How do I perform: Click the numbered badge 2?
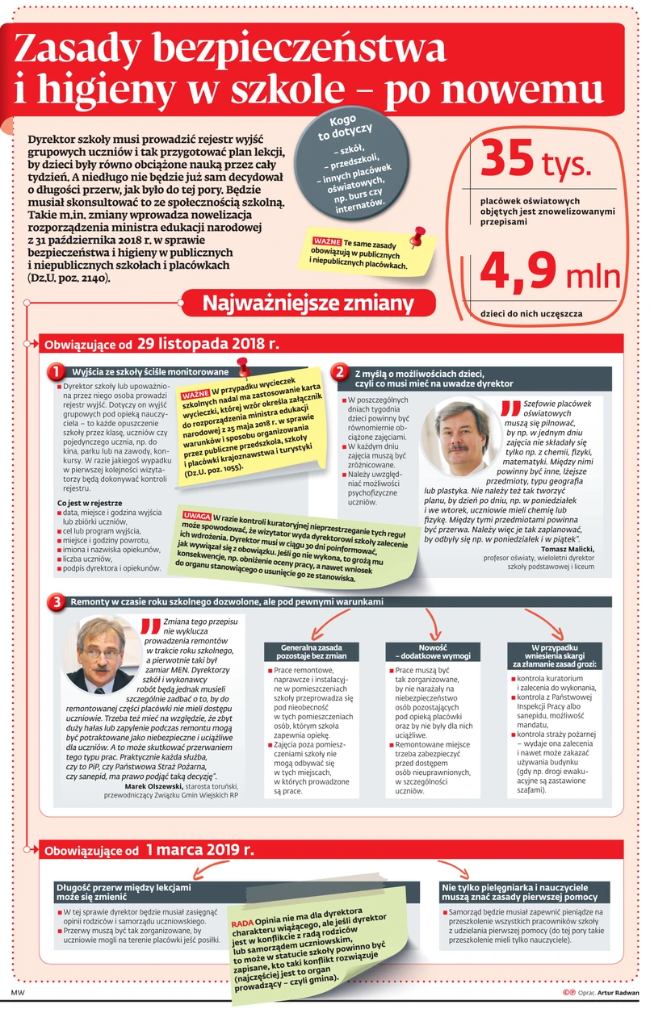pyautogui.click(x=340, y=372)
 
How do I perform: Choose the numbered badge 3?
pyautogui.click(x=55, y=602)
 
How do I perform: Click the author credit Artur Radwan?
pyautogui.click(x=617, y=992)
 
